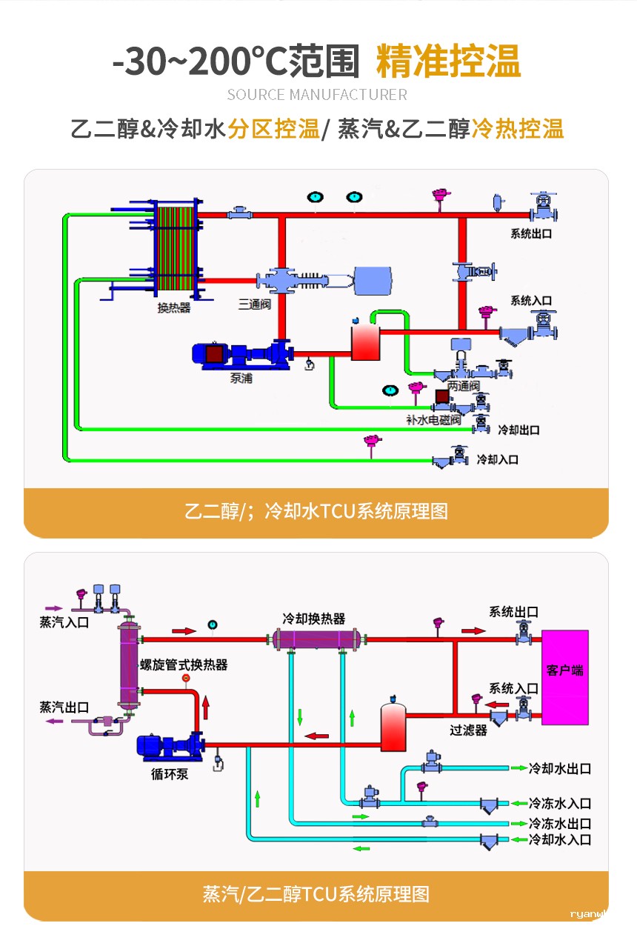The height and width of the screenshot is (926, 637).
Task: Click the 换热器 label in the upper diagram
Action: (x=174, y=307)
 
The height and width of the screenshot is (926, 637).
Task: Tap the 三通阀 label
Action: (x=253, y=304)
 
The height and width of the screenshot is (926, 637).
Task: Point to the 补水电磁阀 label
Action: (x=433, y=419)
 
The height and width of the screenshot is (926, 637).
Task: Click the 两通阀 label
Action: (x=464, y=387)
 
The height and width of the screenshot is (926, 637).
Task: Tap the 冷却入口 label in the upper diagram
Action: (x=497, y=459)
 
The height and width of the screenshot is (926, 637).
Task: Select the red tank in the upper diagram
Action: (x=364, y=342)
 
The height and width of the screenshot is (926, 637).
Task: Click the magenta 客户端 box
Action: (x=565, y=677)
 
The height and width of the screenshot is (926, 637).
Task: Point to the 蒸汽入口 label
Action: (x=64, y=622)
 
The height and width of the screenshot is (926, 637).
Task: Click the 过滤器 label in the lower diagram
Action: (x=468, y=730)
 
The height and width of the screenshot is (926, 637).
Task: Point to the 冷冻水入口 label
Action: (x=559, y=803)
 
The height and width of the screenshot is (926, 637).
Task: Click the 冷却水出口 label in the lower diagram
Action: (x=559, y=768)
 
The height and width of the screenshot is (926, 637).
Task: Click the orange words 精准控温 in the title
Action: (x=448, y=61)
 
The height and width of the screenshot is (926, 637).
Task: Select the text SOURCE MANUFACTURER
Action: (x=317, y=95)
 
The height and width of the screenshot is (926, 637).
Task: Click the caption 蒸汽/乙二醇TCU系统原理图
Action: (x=316, y=893)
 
